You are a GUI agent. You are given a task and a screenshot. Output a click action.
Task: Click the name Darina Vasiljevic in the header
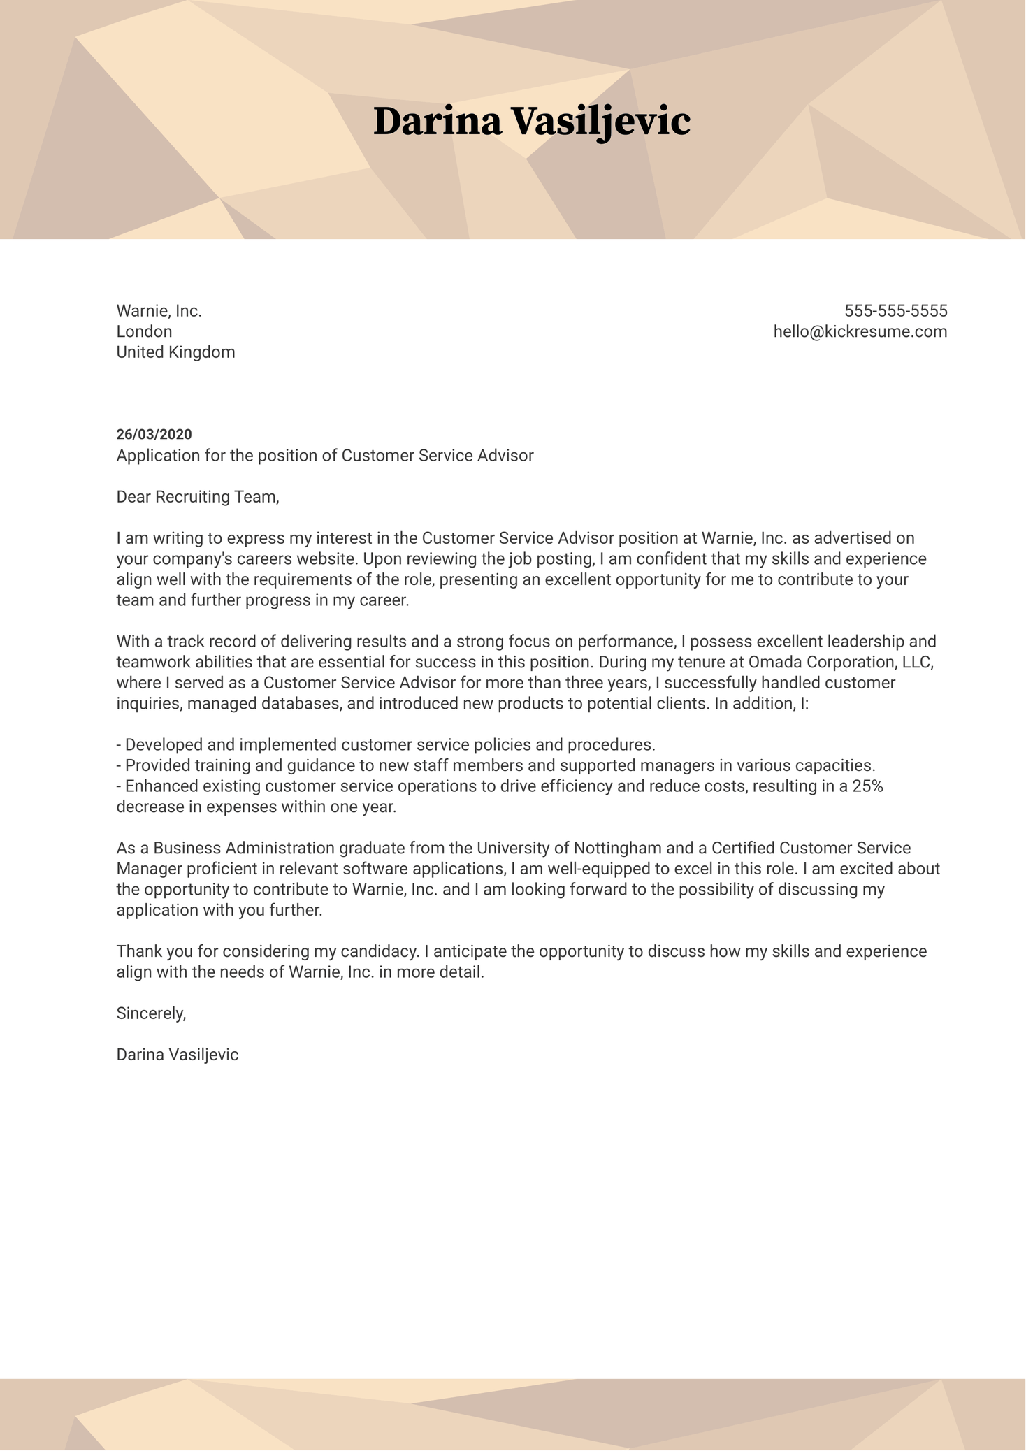click(531, 122)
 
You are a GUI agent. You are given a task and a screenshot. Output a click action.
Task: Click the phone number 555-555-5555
click(895, 311)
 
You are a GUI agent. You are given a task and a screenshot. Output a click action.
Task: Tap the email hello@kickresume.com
click(860, 331)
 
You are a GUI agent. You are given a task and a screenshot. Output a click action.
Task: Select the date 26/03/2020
click(154, 435)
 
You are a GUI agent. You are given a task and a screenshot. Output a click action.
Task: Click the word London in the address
click(144, 331)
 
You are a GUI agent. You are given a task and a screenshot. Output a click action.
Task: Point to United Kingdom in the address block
click(175, 352)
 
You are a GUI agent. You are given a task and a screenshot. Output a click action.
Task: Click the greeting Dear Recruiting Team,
click(198, 497)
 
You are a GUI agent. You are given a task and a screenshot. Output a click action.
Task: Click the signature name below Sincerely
click(177, 1055)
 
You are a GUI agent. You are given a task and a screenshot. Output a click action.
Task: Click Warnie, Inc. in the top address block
click(159, 311)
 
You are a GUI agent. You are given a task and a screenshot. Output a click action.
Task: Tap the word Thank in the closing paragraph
click(137, 951)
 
